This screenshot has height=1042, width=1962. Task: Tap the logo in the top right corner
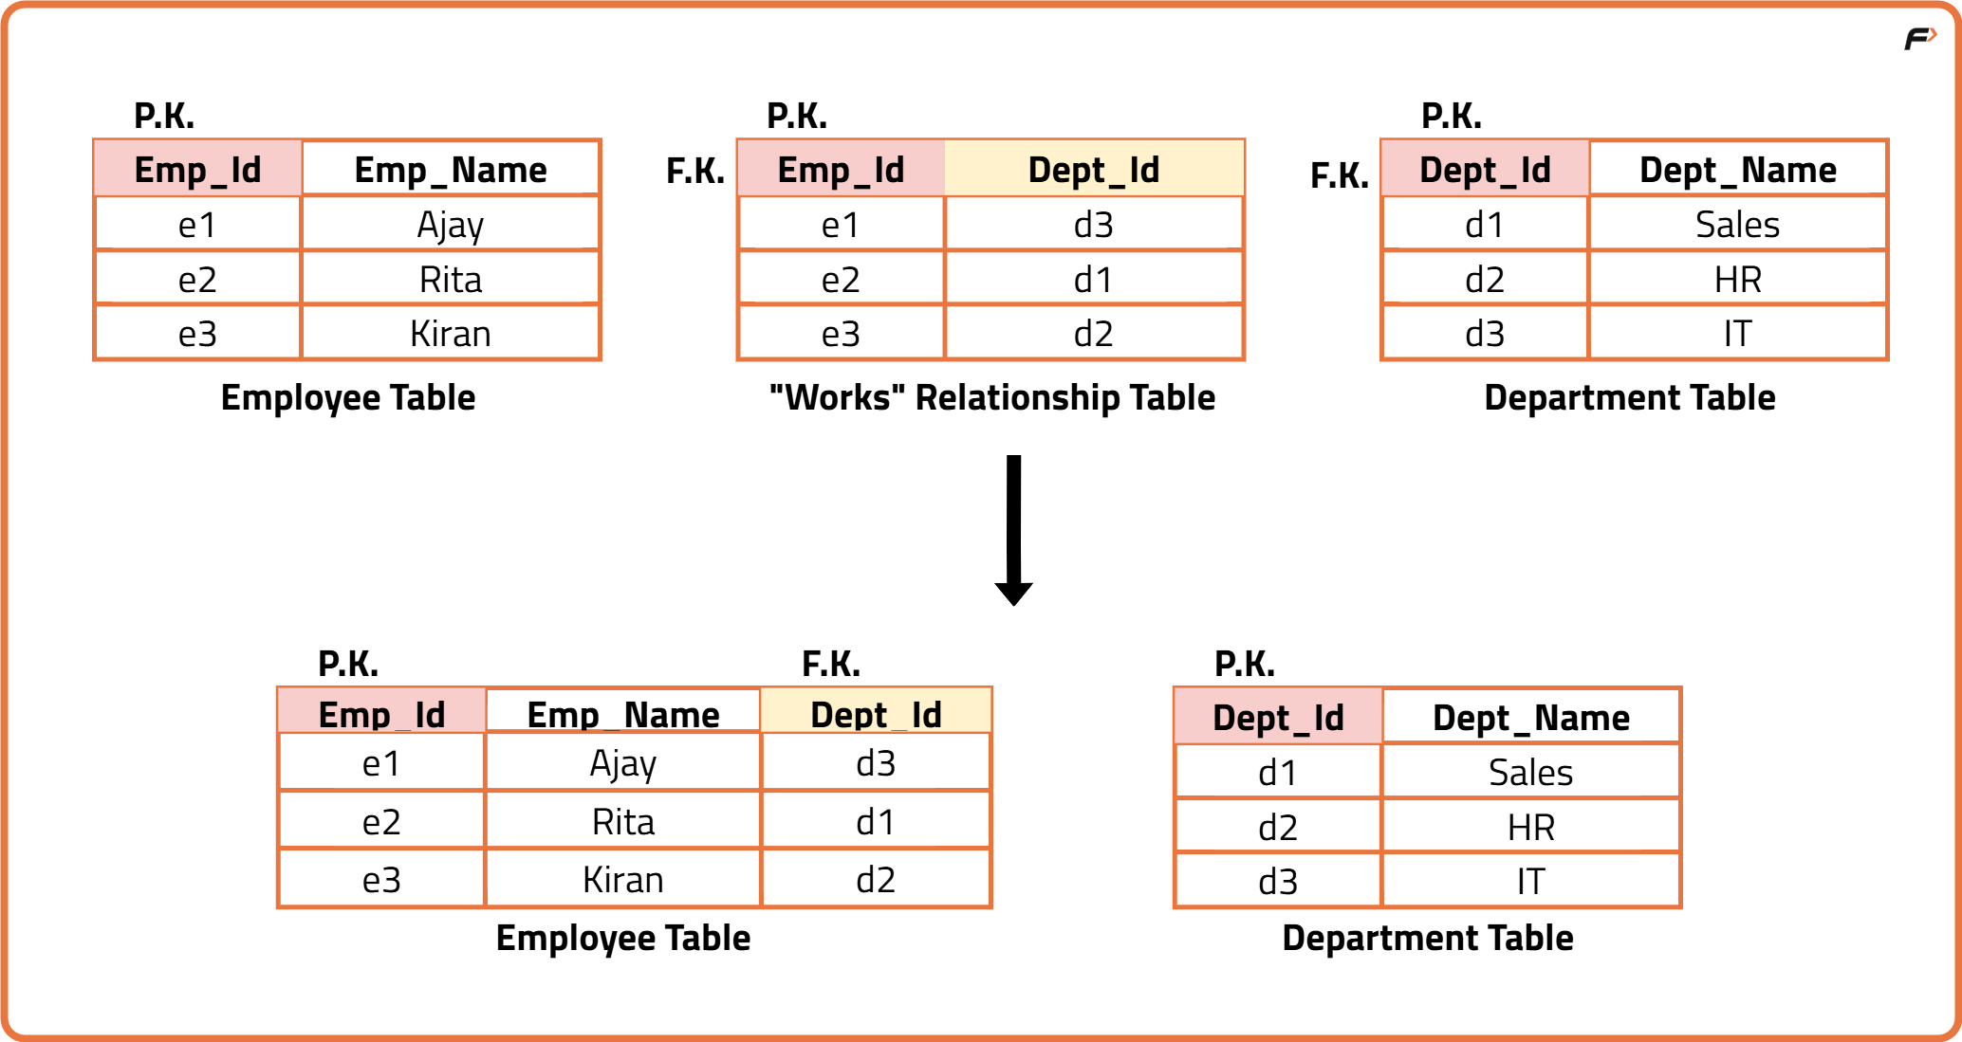tap(1919, 39)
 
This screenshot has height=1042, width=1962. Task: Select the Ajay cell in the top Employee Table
tap(450, 225)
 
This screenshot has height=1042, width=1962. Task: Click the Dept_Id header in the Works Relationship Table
tap(1093, 170)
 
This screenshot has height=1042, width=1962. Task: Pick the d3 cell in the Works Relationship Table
tap(1093, 225)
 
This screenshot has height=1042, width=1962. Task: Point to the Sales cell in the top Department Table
tap(1737, 225)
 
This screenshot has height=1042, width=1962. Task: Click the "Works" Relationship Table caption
tap(991, 397)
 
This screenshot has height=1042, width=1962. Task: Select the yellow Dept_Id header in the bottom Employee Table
tap(876, 714)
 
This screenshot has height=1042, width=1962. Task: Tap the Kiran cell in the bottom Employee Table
tap(622, 880)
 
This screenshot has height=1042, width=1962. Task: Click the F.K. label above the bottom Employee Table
tap(831, 664)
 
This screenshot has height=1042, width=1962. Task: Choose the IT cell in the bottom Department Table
tap(1530, 882)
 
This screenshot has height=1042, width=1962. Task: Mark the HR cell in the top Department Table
tap(1737, 280)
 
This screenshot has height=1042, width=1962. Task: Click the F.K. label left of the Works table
tap(694, 172)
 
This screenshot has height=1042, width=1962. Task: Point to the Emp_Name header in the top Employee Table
tap(450, 170)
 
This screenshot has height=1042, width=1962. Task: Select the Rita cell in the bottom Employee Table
tap(622, 822)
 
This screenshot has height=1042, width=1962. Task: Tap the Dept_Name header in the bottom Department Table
tap(1530, 718)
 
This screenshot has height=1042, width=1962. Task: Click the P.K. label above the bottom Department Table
tap(1245, 664)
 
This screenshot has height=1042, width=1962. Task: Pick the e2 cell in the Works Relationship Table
tap(841, 280)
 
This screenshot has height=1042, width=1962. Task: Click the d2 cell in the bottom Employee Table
tap(876, 880)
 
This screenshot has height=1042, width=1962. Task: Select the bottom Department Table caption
tap(1427, 938)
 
